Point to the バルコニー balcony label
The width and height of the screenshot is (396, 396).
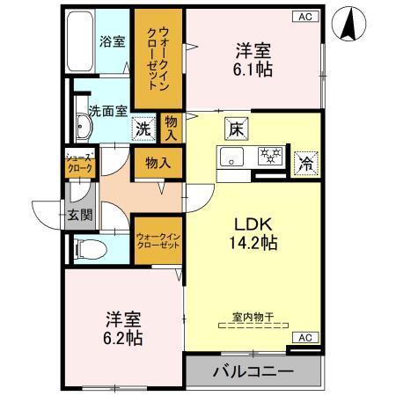coord(253,370)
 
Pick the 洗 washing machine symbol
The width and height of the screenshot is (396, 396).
coord(143,128)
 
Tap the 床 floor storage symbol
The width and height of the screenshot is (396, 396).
coord(235,128)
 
